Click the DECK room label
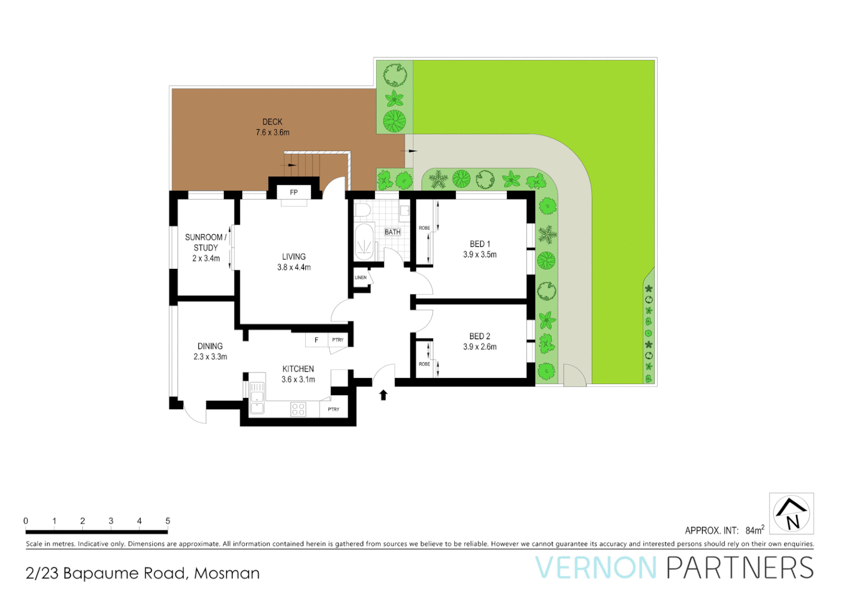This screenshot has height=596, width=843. coord(273,122)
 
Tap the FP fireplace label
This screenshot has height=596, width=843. coord(294,193)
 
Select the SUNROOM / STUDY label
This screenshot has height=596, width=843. coord(206,242)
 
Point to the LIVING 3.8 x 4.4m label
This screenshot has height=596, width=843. coord(294,262)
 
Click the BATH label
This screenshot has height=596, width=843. coord(392,232)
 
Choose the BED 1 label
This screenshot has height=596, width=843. coord(479,244)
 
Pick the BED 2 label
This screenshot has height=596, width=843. coord(479,336)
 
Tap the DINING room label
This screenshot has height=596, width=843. coord(210,347)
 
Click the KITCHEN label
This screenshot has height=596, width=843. coord(298,369)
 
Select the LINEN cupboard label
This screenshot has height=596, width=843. coord(361,278)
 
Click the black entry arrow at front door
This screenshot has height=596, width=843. coord(383,395)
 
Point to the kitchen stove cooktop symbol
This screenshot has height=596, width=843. coord(298,409)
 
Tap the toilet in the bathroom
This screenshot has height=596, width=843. coord(362,210)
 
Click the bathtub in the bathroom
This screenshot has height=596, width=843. coord(364,242)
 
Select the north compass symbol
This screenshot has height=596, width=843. coord(791,514)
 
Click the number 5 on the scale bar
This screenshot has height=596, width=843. coord(168,521)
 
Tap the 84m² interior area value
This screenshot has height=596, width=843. coord(754,530)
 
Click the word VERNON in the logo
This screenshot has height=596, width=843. coord(596,568)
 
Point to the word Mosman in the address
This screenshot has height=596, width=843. coord(227,573)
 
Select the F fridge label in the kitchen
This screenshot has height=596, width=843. coord(316,340)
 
